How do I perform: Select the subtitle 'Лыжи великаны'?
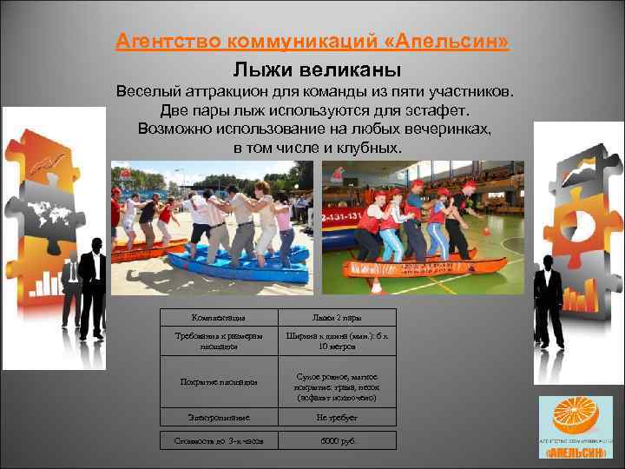(x=316, y=69)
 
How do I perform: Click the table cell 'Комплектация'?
(x=218, y=319)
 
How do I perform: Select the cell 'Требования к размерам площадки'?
(x=218, y=341)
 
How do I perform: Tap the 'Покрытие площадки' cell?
(x=218, y=380)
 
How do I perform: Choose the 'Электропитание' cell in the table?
(x=218, y=418)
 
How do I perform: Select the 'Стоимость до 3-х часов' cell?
(x=218, y=440)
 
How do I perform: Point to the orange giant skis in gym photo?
(x=417, y=270)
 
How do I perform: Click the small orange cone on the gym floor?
(x=487, y=232)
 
